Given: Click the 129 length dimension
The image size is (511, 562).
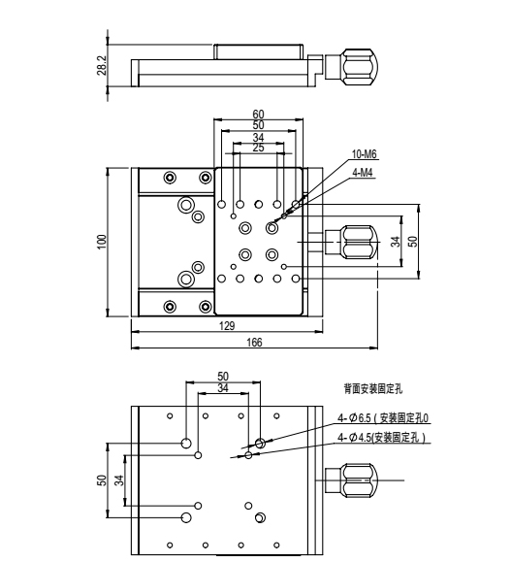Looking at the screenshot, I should [227, 326].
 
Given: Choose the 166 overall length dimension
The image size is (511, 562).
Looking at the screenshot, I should [253, 343].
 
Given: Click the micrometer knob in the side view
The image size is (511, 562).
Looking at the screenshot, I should [354, 67].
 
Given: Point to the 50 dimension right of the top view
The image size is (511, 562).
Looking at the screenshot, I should [414, 242].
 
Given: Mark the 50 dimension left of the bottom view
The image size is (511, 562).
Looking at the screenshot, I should [100, 479].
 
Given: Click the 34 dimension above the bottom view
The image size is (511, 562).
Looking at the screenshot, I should [224, 387].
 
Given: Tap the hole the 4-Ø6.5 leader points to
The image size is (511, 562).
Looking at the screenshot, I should [259, 444].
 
